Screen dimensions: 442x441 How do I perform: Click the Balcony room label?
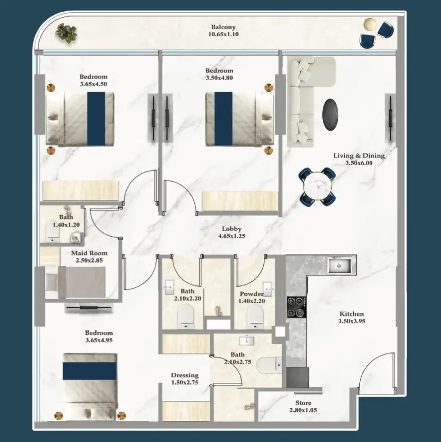pos(223,27)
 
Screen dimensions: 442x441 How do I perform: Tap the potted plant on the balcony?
pos(66,32)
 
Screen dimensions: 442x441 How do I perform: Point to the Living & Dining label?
pos(359,156)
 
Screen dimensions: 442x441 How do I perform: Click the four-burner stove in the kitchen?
pos(297,307)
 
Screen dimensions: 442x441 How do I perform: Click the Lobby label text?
pos(232,228)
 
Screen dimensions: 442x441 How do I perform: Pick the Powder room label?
pos(252,294)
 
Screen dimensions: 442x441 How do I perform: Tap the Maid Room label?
pos(86,253)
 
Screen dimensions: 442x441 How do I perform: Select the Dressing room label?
pos(184,375)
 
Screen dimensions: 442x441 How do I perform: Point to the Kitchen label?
pos(351,314)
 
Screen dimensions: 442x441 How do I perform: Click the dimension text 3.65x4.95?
pos(99,340)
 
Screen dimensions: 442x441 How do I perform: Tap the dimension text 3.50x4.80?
pos(219,78)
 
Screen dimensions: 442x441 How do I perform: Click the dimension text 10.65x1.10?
pos(223,35)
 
